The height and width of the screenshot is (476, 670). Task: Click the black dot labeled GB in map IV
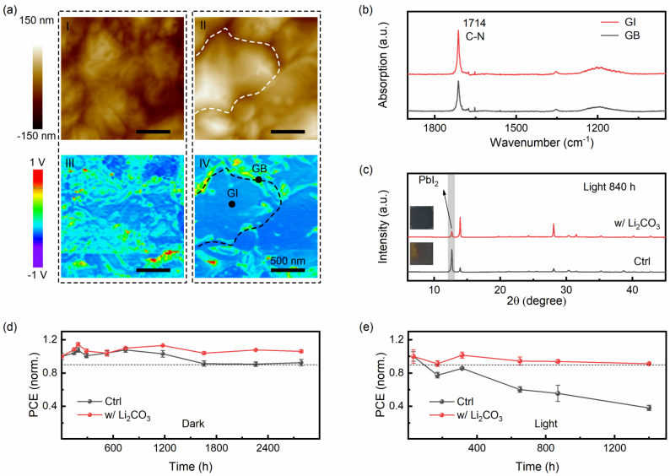[258, 180]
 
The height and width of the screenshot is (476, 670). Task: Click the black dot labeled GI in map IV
[232, 203]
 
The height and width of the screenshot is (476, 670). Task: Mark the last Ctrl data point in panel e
[625, 408]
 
